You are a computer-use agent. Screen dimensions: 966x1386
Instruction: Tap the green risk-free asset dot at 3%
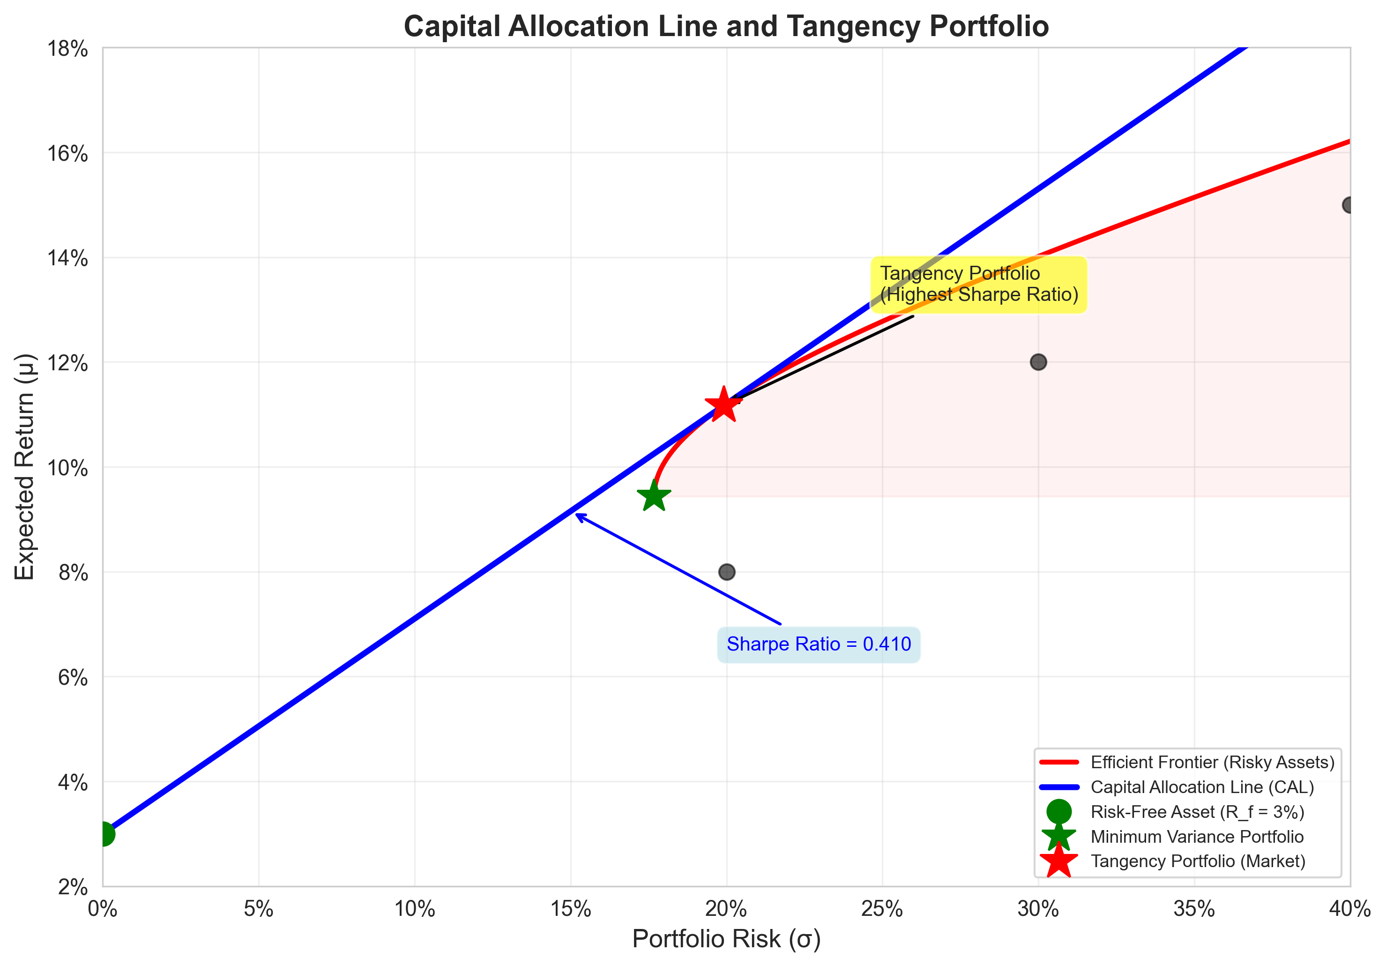tap(104, 834)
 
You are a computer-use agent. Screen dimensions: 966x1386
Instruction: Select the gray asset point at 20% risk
tap(727, 572)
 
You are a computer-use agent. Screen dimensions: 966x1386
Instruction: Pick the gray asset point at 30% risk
tap(1038, 362)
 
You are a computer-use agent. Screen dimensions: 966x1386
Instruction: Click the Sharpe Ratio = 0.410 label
tap(819, 644)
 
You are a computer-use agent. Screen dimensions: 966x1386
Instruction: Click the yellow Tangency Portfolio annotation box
tap(978, 285)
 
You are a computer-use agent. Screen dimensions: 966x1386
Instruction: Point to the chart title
tap(726, 27)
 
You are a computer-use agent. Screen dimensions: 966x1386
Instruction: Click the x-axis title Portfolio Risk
tap(726, 939)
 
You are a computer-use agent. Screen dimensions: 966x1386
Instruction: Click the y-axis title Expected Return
tap(25, 467)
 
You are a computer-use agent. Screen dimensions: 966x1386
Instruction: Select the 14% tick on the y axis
tap(67, 258)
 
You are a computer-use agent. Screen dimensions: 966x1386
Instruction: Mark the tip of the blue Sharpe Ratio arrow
tap(576, 514)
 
